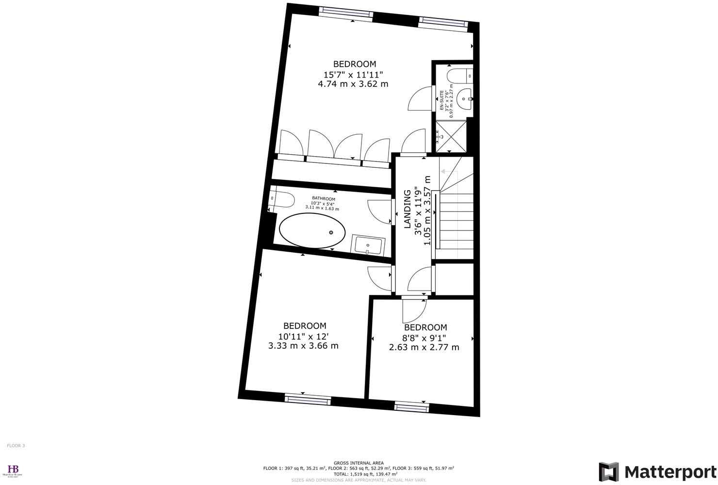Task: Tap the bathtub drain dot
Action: pos(331,233)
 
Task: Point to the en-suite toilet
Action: pos(457,76)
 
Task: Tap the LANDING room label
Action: pos(408,209)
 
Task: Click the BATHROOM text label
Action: pos(323,199)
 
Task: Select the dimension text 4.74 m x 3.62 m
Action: pos(353,84)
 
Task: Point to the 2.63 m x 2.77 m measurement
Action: pos(424,347)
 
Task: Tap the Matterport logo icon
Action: pos(609,472)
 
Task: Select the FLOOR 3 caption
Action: pos(16,445)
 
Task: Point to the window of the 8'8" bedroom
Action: pos(411,406)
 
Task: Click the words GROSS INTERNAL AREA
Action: pos(359,463)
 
